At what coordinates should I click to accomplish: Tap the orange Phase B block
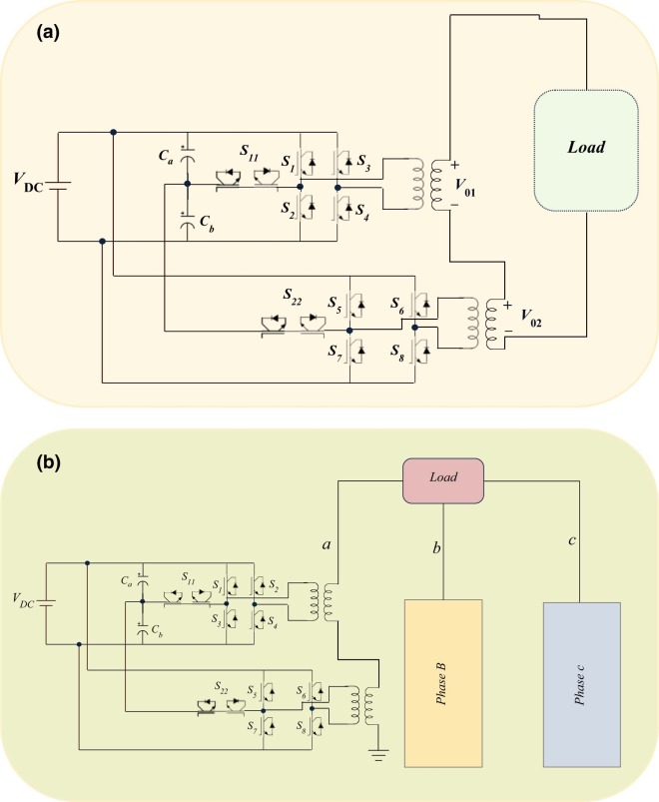pos(442,683)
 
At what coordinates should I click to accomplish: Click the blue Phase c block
pos(581,683)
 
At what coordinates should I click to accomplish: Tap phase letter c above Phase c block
pos(570,540)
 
